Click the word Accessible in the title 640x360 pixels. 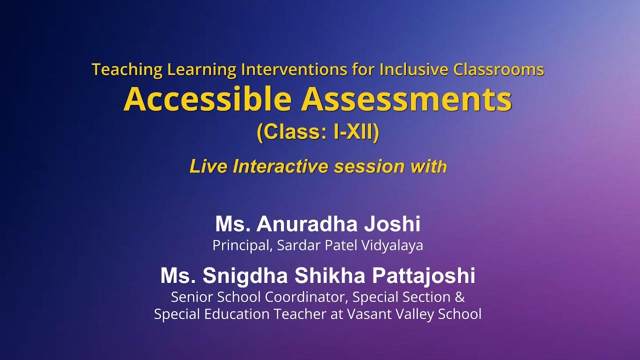point(207,99)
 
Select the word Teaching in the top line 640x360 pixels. point(127,69)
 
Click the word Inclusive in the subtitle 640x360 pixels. point(414,69)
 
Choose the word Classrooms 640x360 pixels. point(498,69)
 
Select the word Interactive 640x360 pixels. point(281,166)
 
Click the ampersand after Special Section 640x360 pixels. point(460,297)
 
